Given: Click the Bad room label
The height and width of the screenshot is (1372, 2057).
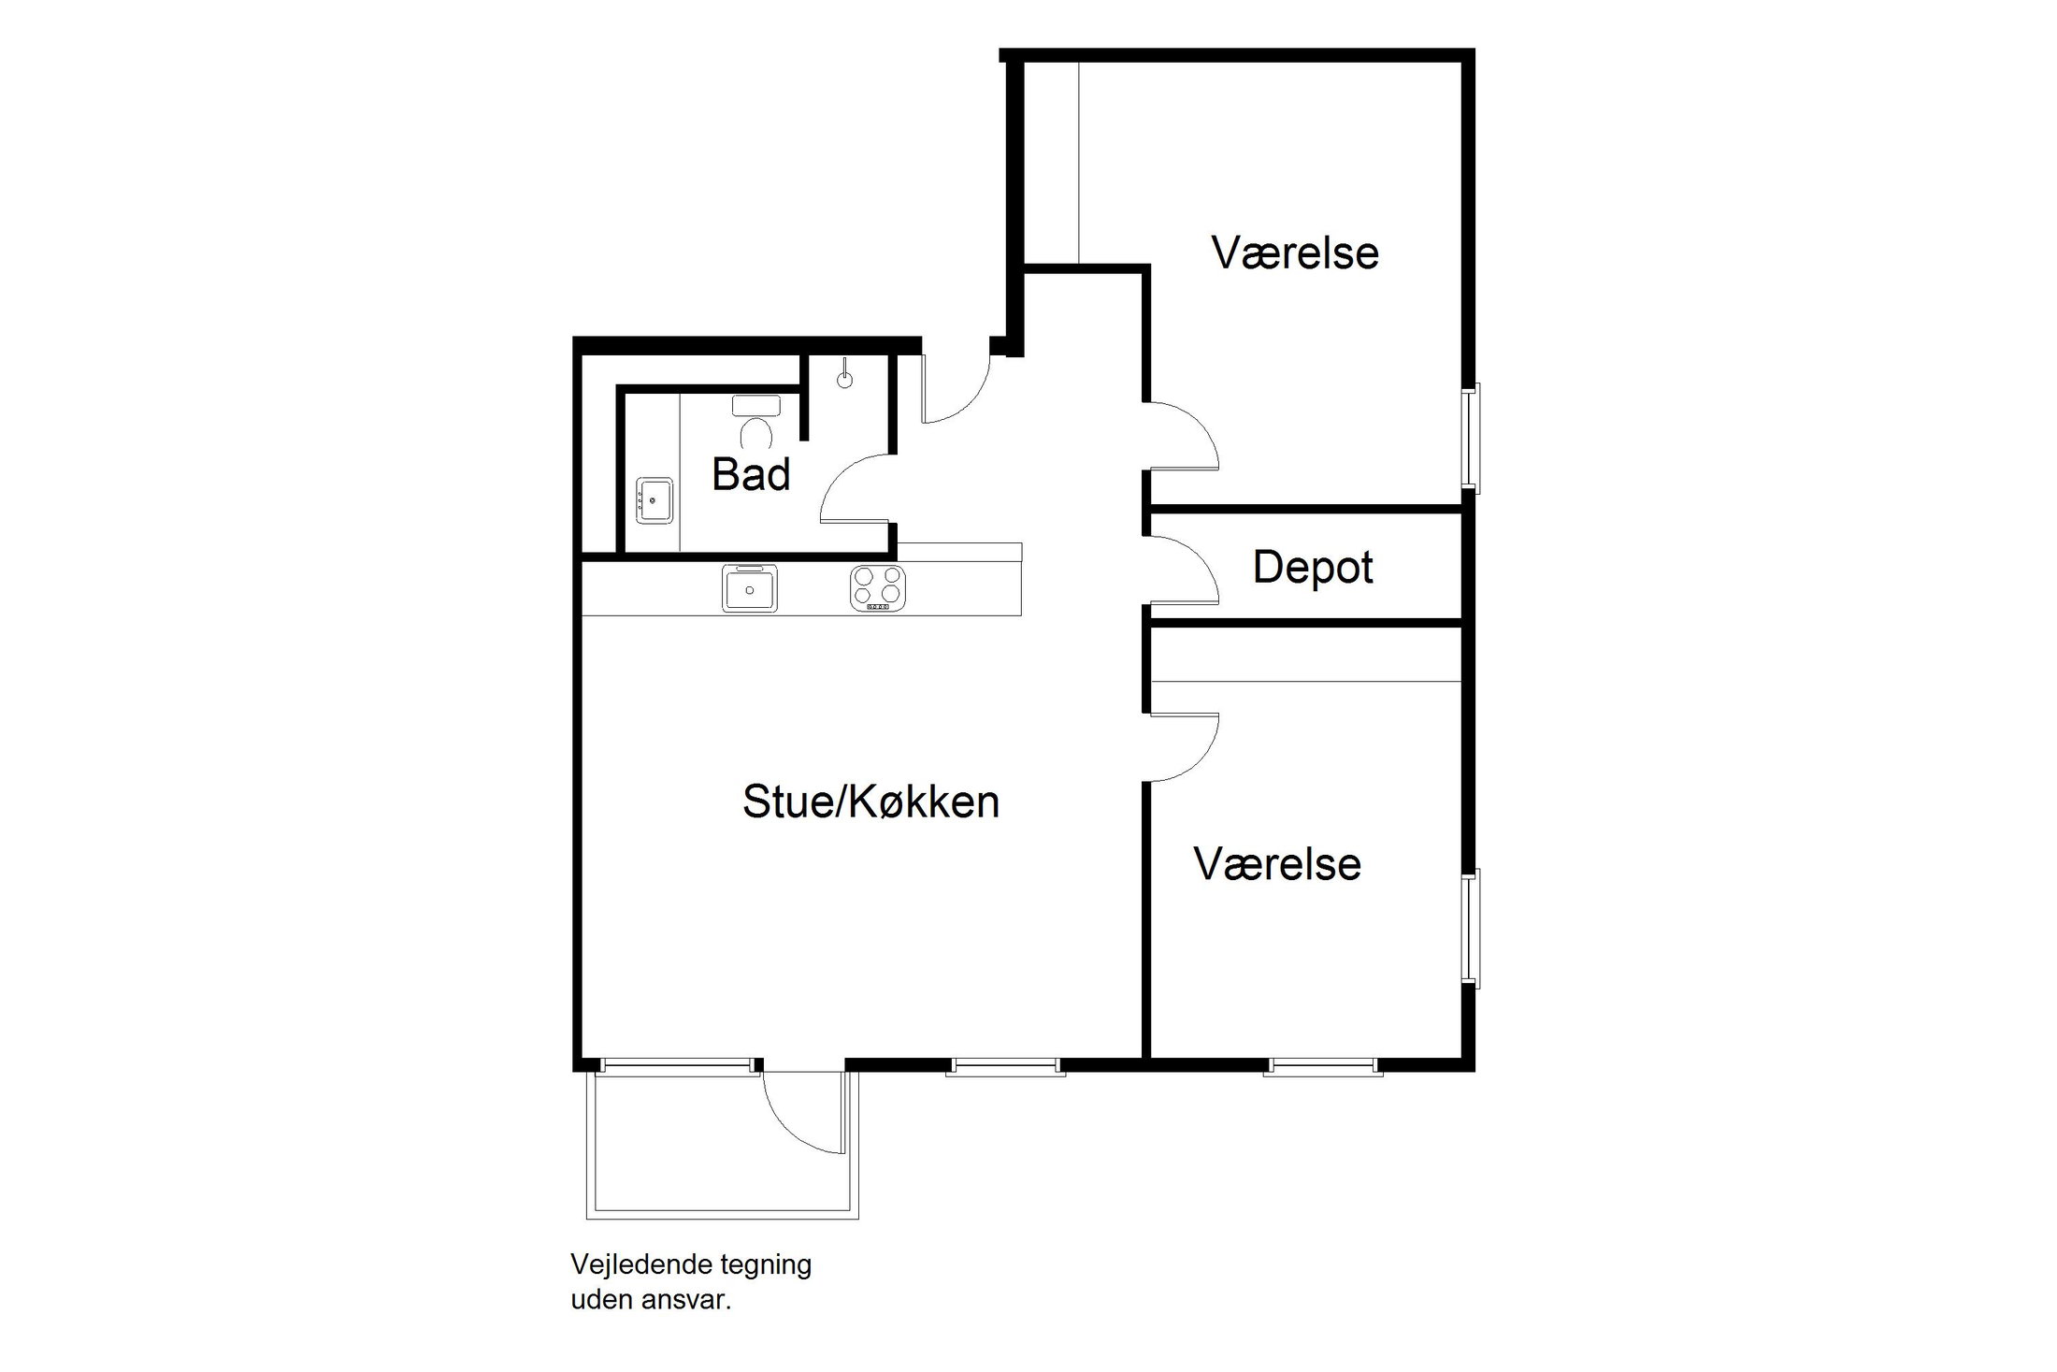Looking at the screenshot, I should (751, 474).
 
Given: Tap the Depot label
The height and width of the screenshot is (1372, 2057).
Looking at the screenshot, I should (1312, 568).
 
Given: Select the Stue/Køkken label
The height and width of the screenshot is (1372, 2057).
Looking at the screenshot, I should (870, 802).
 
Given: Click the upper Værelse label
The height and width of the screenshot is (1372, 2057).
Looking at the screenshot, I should (1295, 253).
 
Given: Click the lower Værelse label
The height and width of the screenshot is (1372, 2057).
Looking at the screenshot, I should (1277, 864).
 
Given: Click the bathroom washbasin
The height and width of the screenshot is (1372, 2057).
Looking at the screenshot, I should (654, 501).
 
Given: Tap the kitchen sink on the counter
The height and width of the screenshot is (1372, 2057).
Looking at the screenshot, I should (749, 588).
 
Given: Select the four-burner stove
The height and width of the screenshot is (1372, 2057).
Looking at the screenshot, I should (878, 588).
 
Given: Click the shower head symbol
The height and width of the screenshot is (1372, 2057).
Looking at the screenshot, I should (844, 378).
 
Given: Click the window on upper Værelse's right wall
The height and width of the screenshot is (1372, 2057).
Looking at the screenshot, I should (1471, 437).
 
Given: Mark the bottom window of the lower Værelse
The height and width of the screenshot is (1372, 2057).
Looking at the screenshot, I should (1322, 1066).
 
